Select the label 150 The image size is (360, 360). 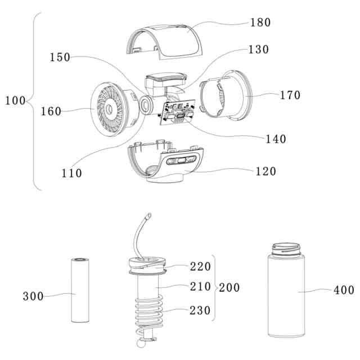pyautogui.click(x=60, y=57)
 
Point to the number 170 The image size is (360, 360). pyautogui.click(x=290, y=94)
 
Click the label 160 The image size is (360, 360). pyautogui.click(x=51, y=111)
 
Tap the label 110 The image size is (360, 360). pyautogui.click(x=72, y=173)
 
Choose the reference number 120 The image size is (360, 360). pyautogui.click(x=265, y=171)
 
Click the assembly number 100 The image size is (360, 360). pyautogui.click(x=15, y=101)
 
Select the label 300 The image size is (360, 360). pyautogui.click(x=33, y=296)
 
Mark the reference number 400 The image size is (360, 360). pyautogui.click(x=344, y=290)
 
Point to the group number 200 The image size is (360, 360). pyautogui.click(x=228, y=287)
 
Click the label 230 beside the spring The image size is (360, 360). pyautogui.click(x=200, y=310)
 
